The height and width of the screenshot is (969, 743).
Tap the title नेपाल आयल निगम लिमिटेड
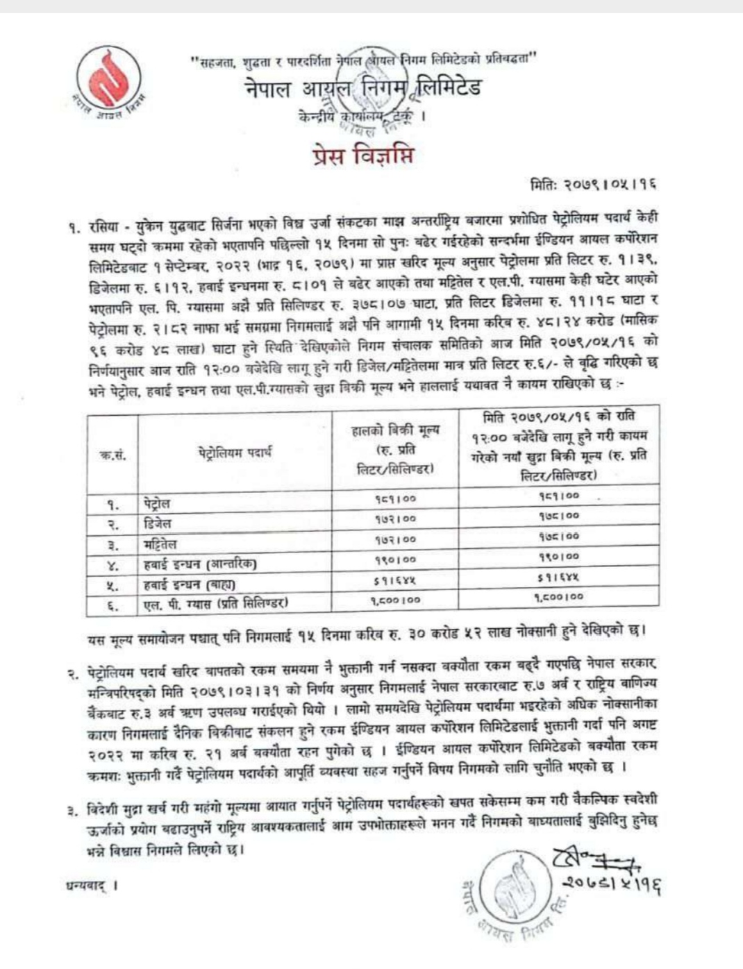tap(362, 89)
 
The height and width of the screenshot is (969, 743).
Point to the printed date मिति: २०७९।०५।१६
tap(593, 185)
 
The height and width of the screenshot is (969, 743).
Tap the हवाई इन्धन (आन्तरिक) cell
tap(200, 564)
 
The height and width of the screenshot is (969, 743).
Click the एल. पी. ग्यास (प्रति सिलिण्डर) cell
tap(215, 605)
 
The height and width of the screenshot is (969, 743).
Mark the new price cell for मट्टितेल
tap(558, 536)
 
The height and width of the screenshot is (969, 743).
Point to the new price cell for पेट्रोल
tap(558, 496)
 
